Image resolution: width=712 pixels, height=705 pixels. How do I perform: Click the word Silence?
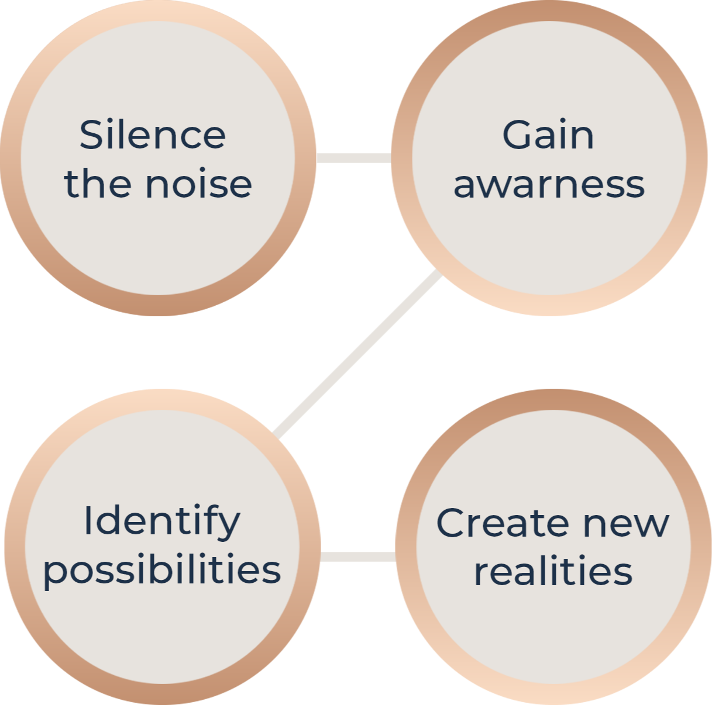tap(153, 135)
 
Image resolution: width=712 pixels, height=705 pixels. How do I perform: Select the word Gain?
tap(548, 135)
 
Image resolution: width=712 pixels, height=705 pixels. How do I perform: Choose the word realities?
tap(553, 571)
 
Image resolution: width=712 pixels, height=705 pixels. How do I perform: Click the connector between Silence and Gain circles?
tap(353, 158)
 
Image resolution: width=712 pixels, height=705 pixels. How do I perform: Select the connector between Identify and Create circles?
tap(358, 557)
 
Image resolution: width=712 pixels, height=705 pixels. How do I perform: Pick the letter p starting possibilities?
tap(56, 573)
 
